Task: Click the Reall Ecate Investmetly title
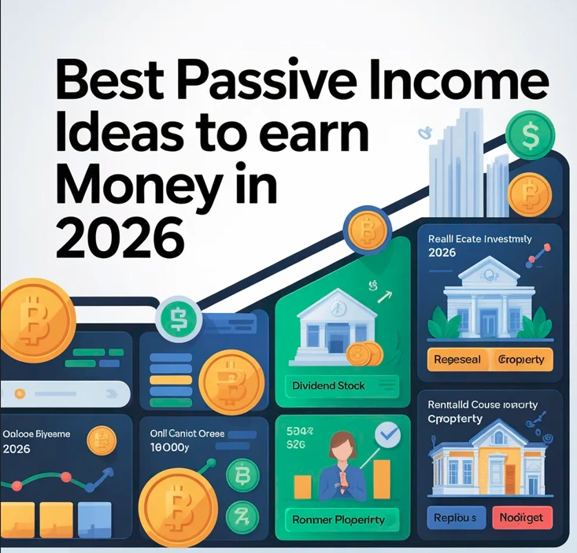click(x=480, y=238)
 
